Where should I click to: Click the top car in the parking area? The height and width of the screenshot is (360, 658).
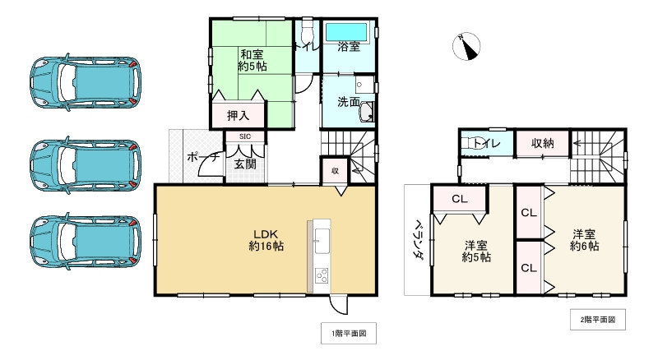click(82, 82)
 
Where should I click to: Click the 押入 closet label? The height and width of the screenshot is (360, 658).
click(239, 116)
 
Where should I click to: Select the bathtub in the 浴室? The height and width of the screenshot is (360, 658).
click(349, 32)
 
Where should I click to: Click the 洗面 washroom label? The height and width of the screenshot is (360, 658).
click(348, 103)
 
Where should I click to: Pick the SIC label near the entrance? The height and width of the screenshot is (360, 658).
click(245, 136)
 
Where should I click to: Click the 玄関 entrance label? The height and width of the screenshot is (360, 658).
click(245, 164)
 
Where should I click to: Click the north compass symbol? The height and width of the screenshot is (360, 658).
click(466, 48)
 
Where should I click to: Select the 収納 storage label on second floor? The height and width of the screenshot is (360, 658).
click(542, 143)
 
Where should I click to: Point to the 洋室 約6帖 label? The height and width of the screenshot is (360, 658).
click(586, 239)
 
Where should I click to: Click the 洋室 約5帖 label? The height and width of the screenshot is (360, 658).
click(476, 250)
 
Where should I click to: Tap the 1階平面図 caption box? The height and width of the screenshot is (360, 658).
click(349, 333)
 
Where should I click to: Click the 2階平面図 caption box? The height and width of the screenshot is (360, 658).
click(598, 317)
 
